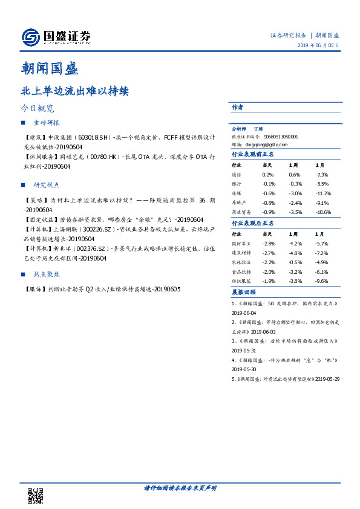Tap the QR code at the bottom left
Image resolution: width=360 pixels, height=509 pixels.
[36, 496]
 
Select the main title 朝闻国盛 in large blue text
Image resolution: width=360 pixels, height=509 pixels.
[49, 68]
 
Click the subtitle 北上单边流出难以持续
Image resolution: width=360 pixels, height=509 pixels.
[74, 92]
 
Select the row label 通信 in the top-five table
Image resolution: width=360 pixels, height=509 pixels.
[237, 174]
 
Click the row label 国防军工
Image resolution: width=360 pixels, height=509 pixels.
[241, 243]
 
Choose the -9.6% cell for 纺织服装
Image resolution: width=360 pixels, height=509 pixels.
[321, 282]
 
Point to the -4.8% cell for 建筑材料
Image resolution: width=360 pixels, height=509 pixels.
[295, 253]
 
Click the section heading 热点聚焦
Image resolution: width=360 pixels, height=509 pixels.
[46, 274]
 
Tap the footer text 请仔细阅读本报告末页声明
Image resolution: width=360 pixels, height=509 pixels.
[180, 487]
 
